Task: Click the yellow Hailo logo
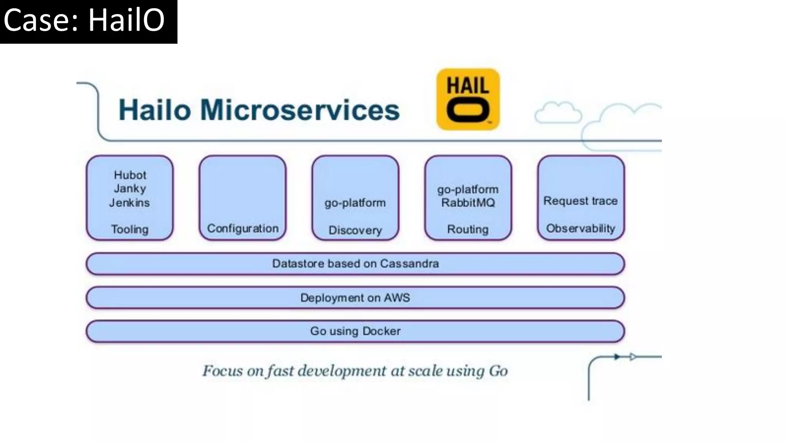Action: pyautogui.click(x=468, y=99)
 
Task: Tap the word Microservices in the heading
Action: pyautogui.click(x=300, y=110)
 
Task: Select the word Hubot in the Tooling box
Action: pyautogui.click(x=130, y=175)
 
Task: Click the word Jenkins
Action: pyautogui.click(x=130, y=202)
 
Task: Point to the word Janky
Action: pyautogui.click(x=130, y=188)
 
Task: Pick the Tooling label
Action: pyautogui.click(x=130, y=229)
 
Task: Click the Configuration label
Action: pyautogui.click(x=242, y=228)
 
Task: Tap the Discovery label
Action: pyautogui.click(x=355, y=230)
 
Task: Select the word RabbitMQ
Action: pyautogui.click(x=468, y=203)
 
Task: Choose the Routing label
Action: pyautogui.click(x=468, y=229)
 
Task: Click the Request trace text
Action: pyautogui.click(x=580, y=201)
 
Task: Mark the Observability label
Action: pyautogui.click(x=580, y=228)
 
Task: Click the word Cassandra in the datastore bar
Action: pyautogui.click(x=409, y=263)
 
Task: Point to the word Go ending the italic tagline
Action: pyautogui.click(x=498, y=371)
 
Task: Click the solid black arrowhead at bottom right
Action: pyautogui.click(x=617, y=357)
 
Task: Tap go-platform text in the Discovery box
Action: pyautogui.click(x=355, y=203)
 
